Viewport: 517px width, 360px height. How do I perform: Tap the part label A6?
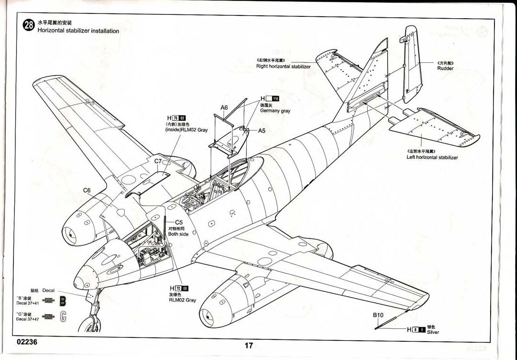224,108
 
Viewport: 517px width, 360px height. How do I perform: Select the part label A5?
262,130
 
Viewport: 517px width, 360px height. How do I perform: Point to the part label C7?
158,161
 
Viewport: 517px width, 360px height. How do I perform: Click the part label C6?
86,190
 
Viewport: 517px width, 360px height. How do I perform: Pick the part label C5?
179,222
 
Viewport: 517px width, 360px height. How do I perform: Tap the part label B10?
379,315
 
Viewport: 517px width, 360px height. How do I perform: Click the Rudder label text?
445,68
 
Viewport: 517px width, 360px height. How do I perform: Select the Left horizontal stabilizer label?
432,157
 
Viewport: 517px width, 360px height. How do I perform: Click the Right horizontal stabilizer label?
283,66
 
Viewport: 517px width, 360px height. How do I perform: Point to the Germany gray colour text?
275,111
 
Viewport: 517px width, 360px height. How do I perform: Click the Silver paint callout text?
433,332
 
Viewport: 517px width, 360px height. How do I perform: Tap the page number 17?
248,346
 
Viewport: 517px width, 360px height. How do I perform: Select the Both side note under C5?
178,234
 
